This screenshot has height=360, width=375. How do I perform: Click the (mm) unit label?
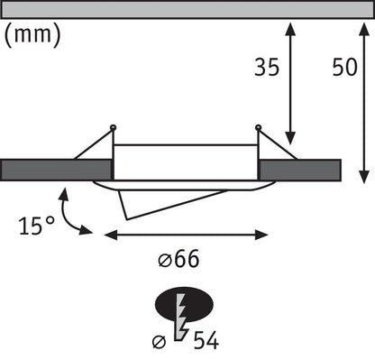[33, 35]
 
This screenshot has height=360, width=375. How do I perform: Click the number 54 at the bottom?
[206, 341]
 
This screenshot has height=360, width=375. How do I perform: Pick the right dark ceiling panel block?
[300, 171]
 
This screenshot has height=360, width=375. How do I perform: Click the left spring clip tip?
[113, 126]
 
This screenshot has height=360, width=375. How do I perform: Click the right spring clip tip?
[259, 126]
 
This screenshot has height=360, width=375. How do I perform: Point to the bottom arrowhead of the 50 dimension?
[363, 175]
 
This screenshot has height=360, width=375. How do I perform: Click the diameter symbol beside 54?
[159, 341]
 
